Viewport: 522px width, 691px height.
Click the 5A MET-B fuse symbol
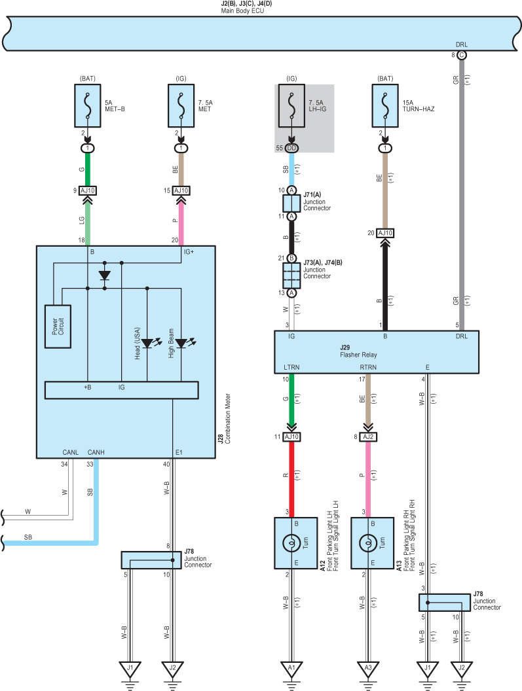(87, 106)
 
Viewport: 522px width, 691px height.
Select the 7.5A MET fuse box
(181, 106)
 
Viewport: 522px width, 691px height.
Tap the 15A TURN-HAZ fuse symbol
(385, 106)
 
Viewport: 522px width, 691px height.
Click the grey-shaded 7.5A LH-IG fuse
(291, 106)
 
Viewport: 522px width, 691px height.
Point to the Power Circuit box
(58, 327)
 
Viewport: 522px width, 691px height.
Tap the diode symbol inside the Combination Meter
(105, 275)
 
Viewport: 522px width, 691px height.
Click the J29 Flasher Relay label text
(358, 351)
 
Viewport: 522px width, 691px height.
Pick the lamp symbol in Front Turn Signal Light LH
(291, 543)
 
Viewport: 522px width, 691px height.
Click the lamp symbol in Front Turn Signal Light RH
(368, 543)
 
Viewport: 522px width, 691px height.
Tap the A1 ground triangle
(291, 669)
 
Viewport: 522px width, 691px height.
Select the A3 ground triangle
(368, 669)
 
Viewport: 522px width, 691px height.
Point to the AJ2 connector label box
(369, 436)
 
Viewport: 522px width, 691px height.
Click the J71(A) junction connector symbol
(291, 203)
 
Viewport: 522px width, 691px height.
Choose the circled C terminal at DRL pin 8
(462, 55)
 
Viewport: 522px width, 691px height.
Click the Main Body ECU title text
(242, 10)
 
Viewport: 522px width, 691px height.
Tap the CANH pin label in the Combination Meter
(96, 452)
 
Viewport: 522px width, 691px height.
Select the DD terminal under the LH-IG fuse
(291, 148)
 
